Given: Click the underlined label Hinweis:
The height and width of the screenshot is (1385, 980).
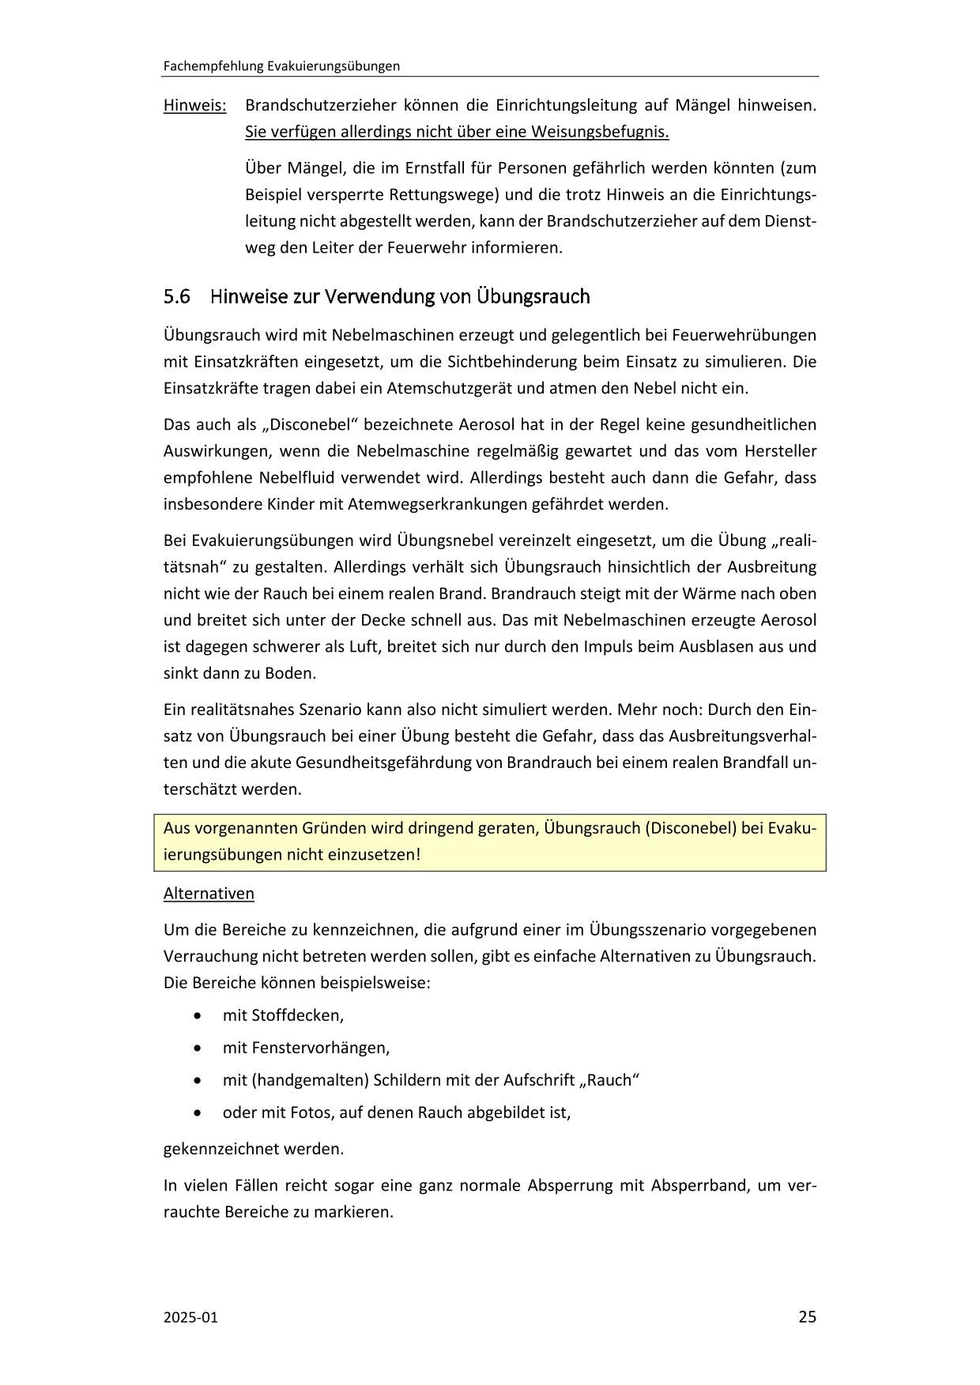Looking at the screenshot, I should tap(194, 105).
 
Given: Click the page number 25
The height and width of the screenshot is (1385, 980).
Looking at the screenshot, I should tap(807, 1316).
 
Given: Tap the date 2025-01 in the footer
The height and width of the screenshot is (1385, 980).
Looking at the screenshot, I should tap(190, 1317).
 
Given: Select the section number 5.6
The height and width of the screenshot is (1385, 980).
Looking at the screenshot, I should tap(177, 297).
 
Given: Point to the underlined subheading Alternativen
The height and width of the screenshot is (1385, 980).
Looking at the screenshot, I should tap(209, 894).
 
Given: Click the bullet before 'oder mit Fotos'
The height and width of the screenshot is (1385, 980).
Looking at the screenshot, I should tap(197, 1112).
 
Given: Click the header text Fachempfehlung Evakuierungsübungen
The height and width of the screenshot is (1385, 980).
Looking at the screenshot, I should tap(281, 66).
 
